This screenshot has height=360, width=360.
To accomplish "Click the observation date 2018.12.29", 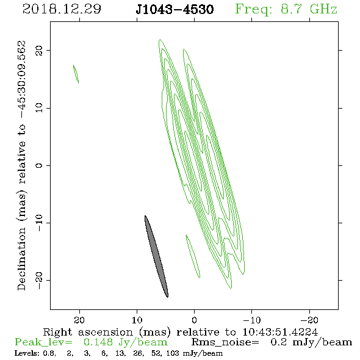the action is click(x=62, y=9).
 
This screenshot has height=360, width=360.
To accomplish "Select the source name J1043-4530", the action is click(x=175, y=10).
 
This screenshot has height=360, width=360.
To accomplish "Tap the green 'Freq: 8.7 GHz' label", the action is click(x=286, y=9).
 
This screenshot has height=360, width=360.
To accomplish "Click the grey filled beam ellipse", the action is click(x=156, y=256).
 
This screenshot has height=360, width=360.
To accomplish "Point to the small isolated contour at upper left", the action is click(x=76, y=74).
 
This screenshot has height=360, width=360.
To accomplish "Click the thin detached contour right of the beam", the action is click(x=193, y=256).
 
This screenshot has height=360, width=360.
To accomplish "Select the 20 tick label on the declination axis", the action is click(x=39, y=51).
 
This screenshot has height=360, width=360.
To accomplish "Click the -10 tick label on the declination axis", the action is click(x=39, y=223).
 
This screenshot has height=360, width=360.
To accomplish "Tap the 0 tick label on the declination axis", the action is click(x=39, y=165).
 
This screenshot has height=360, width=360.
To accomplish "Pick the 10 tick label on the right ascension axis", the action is click(x=137, y=320).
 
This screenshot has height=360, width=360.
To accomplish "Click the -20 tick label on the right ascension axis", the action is click(x=309, y=320).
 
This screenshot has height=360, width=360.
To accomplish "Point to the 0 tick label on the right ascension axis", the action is click(x=194, y=320).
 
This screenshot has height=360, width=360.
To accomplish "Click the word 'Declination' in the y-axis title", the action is click(x=21, y=259).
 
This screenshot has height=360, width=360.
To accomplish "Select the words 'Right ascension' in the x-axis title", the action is click(x=88, y=332).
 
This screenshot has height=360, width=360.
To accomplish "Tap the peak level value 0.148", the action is click(x=98, y=342).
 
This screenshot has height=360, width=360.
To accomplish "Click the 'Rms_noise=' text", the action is click(x=225, y=342).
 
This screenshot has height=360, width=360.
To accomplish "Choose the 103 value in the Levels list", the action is click(x=172, y=353).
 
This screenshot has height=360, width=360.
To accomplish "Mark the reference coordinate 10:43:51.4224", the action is click(x=280, y=332).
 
